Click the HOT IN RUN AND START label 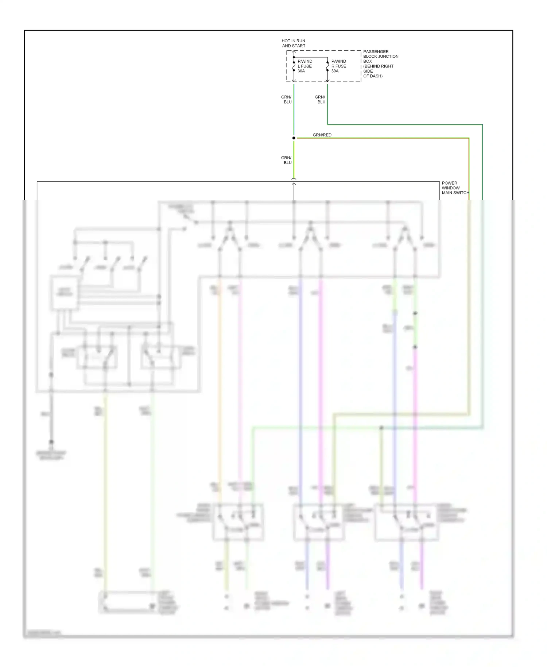tap(294, 43)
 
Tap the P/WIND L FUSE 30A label tap(305, 66)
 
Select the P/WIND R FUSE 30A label tap(339, 66)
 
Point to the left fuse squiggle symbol tap(294, 66)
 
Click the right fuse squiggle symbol tap(327, 67)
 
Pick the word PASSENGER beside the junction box tap(376, 52)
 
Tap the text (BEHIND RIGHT tap(378, 66)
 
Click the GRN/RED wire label tap(322, 135)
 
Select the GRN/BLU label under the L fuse tap(287, 100)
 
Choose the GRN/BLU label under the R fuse tap(320, 100)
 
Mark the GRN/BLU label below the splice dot tap(287, 160)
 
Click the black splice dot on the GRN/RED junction tap(294, 138)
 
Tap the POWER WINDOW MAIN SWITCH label tap(455, 188)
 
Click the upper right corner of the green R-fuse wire tap(482, 125)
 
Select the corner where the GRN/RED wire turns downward tap(469, 138)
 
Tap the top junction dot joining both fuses tap(294, 57)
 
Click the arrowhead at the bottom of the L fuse tap(294, 80)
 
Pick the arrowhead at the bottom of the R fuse tap(327, 80)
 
